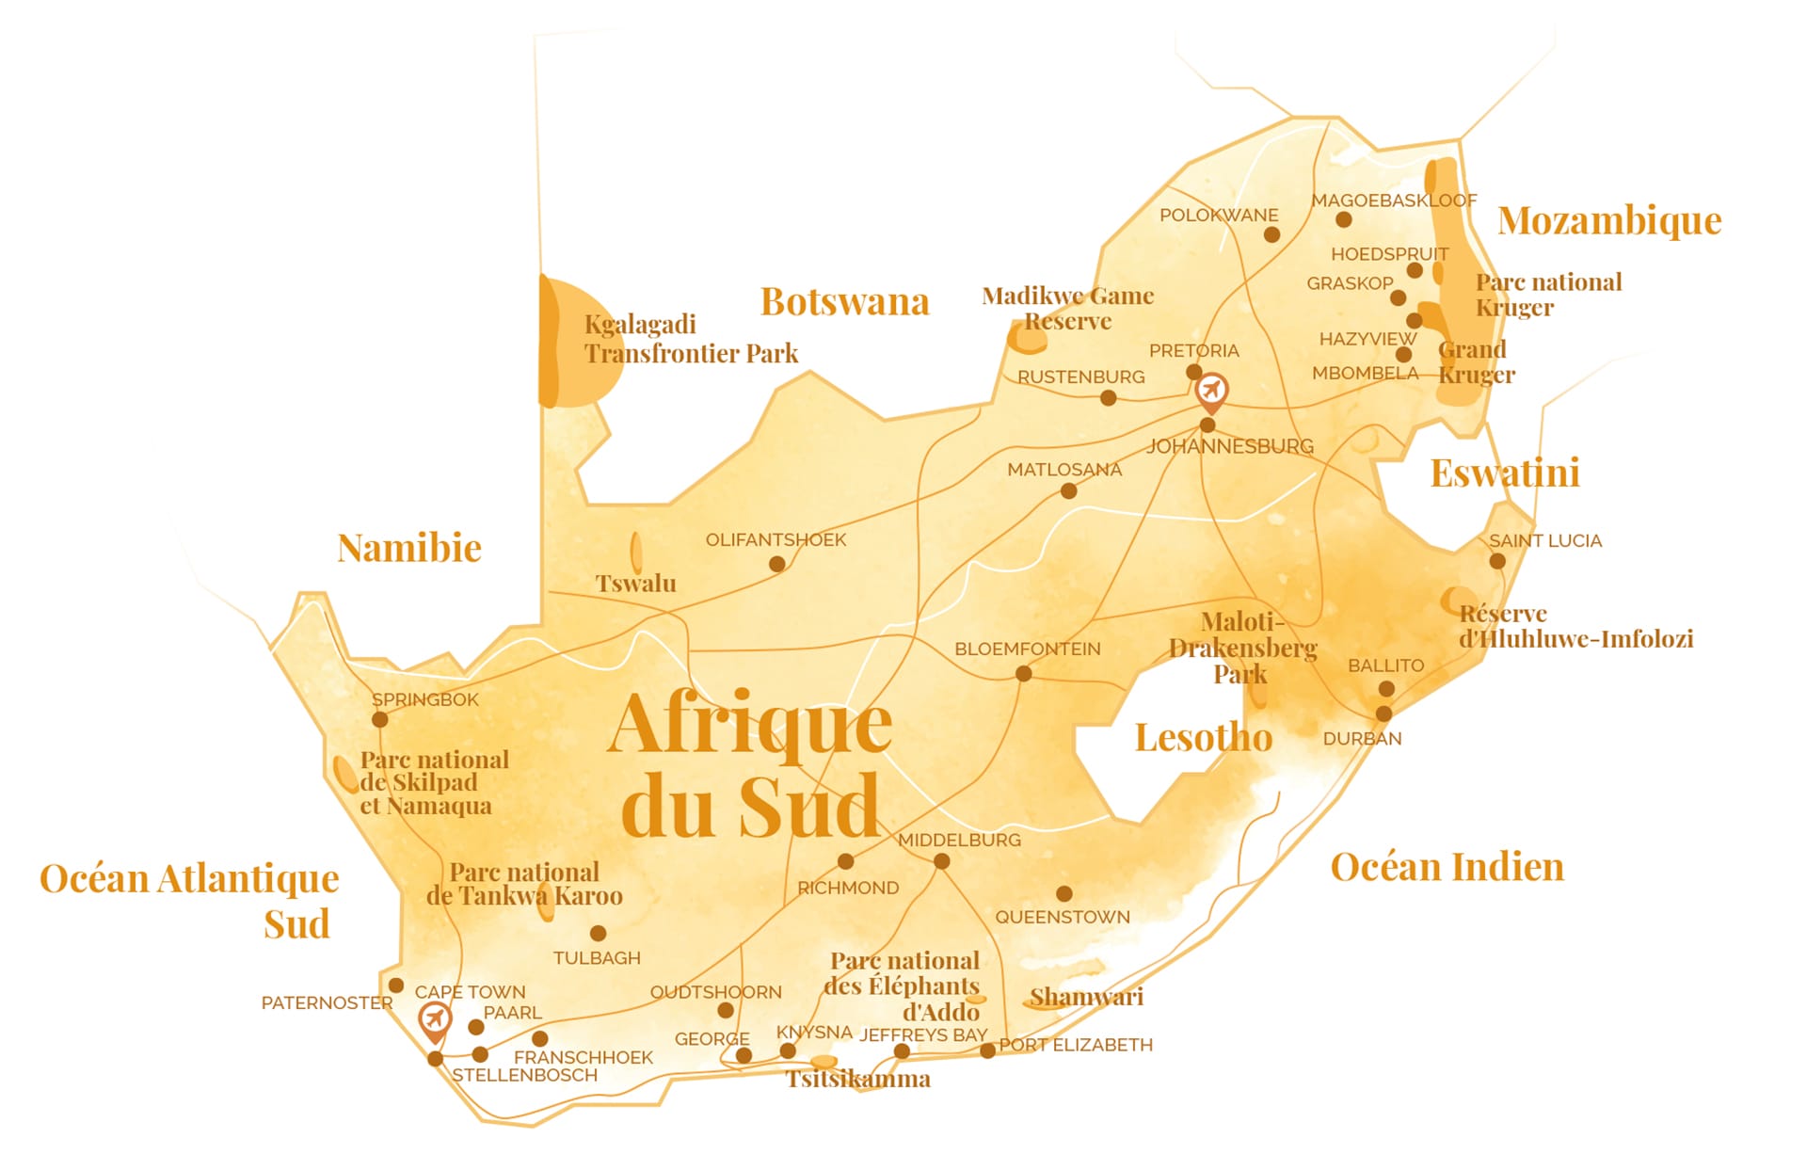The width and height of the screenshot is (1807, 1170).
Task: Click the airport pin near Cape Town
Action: [434, 1018]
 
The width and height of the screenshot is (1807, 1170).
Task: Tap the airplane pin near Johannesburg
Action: [1211, 390]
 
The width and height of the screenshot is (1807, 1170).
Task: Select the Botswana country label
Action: [844, 302]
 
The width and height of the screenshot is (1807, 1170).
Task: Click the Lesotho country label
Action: [1203, 737]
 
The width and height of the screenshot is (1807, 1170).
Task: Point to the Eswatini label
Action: [1504, 473]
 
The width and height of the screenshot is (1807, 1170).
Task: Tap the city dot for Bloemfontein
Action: [1024, 674]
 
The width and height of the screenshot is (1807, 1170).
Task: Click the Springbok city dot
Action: [379, 720]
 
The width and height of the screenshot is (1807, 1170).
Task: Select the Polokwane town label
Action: [1218, 215]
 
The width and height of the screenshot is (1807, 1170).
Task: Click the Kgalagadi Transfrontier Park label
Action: [690, 339]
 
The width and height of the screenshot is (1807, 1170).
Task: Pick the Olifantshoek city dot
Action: [776, 565]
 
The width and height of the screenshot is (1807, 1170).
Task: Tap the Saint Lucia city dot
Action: [1497, 562]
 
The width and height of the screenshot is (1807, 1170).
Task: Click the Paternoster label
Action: [327, 1003]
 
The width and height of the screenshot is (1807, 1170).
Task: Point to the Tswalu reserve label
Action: [635, 584]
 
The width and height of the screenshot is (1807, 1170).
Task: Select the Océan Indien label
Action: [1447, 867]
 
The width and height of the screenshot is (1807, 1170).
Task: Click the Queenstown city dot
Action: [1063, 893]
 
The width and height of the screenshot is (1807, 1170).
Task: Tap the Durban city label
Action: [1362, 739]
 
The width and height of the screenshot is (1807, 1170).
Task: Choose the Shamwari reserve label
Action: [1086, 997]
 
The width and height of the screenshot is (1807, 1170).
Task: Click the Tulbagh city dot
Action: [598, 934]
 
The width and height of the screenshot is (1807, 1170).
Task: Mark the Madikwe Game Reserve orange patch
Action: [1026, 338]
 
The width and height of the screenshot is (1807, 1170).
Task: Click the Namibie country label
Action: [408, 548]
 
